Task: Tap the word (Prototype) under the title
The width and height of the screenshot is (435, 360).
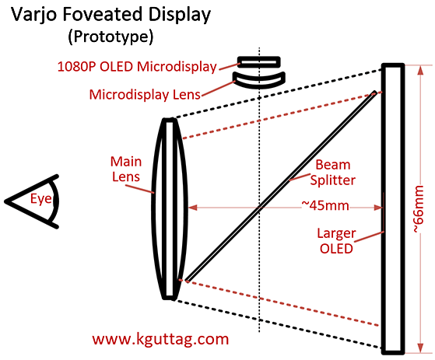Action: coord(111,37)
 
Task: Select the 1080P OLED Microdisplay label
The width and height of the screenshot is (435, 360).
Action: coord(137,67)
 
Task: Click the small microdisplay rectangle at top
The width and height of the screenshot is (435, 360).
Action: coord(259,62)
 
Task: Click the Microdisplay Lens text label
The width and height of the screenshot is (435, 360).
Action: coord(145,95)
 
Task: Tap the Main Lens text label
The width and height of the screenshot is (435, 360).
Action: coord(126,169)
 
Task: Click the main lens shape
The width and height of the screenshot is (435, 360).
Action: coord(170,208)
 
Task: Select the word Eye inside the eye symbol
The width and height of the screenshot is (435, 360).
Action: coord(40,199)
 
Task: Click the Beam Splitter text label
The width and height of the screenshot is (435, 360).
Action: coord(332,173)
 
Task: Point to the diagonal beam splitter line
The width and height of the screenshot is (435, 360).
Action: coord(281,186)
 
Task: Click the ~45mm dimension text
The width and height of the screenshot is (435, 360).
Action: coord(324,205)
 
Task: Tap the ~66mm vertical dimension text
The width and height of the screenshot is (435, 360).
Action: coord(419,209)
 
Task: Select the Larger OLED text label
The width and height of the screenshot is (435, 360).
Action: coord(336,240)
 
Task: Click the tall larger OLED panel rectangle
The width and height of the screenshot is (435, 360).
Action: coord(393,209)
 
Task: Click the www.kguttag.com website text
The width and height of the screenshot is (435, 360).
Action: coord(160,339)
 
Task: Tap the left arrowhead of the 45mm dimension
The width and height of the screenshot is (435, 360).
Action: coord(193,208)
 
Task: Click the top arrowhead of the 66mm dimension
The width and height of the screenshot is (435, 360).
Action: coord(420,71)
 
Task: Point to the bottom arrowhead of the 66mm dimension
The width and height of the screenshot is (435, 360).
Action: coord(420,348)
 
